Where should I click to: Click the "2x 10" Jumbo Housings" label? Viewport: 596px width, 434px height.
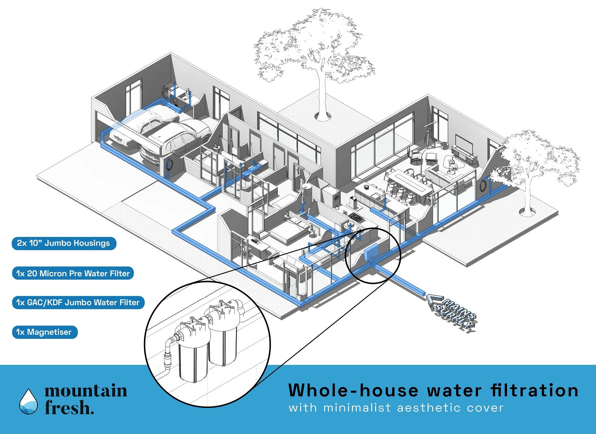tap(63, 243)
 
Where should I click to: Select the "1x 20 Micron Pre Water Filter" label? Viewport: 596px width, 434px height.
tap(73, 273)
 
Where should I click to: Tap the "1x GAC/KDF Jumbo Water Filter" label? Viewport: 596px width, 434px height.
tap(78, 302)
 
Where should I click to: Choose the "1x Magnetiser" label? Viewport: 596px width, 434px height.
tap(44, 332)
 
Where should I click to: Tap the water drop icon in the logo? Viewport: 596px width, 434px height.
tap(28, 401)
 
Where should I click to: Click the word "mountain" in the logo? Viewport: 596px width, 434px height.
tap(86, 391)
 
